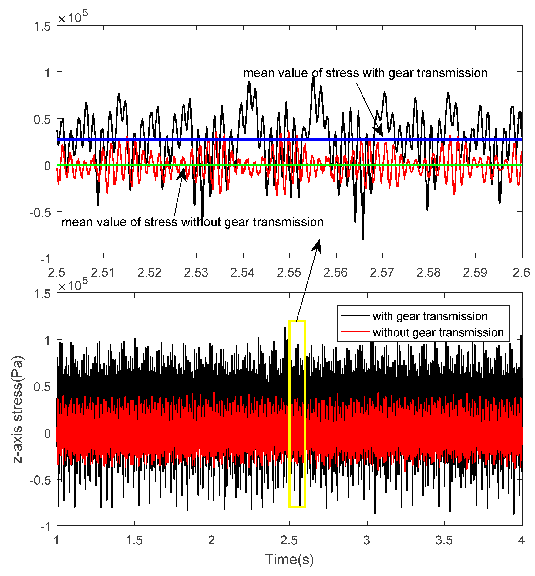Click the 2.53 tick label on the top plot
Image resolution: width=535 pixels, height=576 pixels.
(196, 273)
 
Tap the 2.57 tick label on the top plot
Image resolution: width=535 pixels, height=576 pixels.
(382, 273)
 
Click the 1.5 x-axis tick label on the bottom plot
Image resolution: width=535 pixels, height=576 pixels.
(134, 540)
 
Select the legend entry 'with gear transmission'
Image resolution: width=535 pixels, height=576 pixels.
(430, 316)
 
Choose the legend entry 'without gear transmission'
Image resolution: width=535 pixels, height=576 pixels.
(438, 332)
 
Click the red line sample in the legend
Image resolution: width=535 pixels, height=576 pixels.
(355, 332)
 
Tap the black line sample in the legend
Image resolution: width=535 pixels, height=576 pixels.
(355, 315)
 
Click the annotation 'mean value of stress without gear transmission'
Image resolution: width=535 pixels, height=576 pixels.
(193, 222)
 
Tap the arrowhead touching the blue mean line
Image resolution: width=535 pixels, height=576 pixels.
(379, 132)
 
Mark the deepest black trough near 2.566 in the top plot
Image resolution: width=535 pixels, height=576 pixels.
(363, 238)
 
